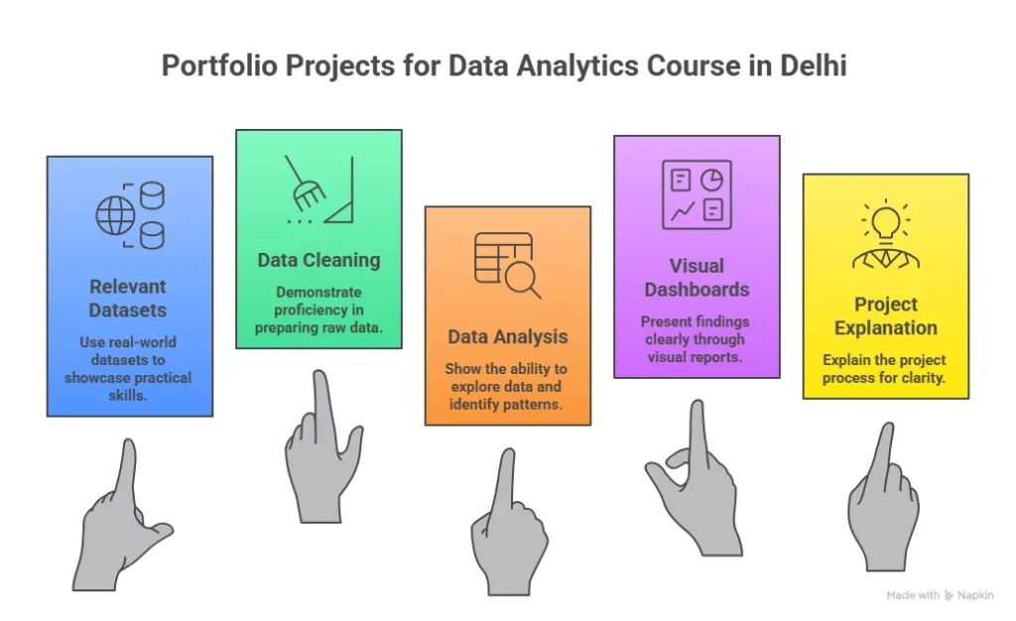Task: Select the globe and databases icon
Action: [x=130, y=214]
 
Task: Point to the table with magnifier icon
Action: [x=507, y=265]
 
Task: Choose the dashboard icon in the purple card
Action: [x=697, y=193]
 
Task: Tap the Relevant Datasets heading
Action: [x=129, y=298]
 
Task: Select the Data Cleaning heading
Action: [x=318, y=260]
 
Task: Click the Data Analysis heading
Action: [x=507, y=337]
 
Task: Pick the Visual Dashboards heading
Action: [x=697, y=278]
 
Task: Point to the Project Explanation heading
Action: [x=885, y=315]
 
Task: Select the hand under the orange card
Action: [x=508, y=526]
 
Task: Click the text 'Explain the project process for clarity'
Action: [x=885, y=368]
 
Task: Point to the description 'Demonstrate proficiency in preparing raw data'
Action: [x=318, y=310]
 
